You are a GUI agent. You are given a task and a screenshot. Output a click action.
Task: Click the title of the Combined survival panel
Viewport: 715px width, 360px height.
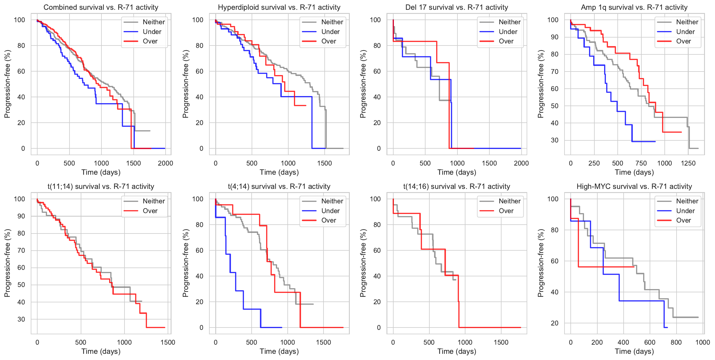coord(101,7)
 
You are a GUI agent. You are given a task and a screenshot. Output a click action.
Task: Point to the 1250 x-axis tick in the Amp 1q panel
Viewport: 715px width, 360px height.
coord(688,163)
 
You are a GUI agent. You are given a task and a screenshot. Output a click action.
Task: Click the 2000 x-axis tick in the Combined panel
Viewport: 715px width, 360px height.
coord(165,163)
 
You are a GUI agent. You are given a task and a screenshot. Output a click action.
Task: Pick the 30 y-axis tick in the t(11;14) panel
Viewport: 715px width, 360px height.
coord(21,319)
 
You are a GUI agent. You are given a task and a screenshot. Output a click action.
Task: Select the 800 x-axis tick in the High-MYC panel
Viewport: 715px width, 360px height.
coord(676,343)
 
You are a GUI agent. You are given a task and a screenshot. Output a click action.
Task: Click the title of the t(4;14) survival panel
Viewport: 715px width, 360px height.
coord(279,187)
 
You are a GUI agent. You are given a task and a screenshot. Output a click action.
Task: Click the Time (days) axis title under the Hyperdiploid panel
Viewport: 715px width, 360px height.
coord(279,172)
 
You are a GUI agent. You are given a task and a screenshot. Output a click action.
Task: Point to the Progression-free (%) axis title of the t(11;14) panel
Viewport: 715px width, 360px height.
coord(7,263)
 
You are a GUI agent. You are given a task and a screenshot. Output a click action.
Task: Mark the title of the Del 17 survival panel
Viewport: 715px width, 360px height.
coord(457,7)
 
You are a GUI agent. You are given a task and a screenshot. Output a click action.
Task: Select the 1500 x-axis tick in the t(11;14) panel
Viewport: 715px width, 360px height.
coord(168,343)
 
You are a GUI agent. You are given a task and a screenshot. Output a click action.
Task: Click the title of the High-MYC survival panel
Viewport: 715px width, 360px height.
coord(634,187)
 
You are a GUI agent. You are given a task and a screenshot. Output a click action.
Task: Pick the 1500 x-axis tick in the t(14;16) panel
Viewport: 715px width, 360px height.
coord(501,343)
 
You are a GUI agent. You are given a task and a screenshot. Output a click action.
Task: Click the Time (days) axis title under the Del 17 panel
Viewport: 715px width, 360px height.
coord(457,172)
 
